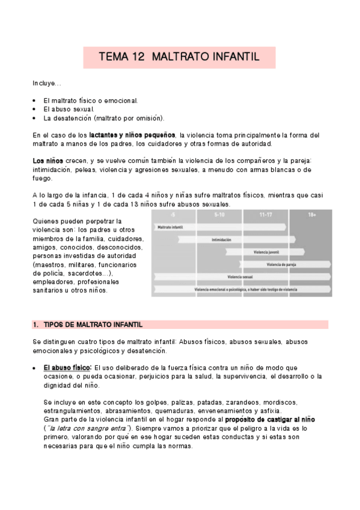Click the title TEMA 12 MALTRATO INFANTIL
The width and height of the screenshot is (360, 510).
click(x=178, y=58)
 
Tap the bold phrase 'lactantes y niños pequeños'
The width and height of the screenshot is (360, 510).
click(x=132, y=135)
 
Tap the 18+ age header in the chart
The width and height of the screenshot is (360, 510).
click(x=312, y=215)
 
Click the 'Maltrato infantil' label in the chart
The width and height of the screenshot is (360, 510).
click(x=170, y=227)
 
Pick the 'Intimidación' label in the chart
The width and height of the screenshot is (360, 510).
click(x=221, y=240)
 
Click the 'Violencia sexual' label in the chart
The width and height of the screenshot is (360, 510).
click(x=240, y=277)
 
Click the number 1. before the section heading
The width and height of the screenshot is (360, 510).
click(x=35, y=325)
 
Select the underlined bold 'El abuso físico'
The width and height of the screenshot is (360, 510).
click(x=67, y=367)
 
